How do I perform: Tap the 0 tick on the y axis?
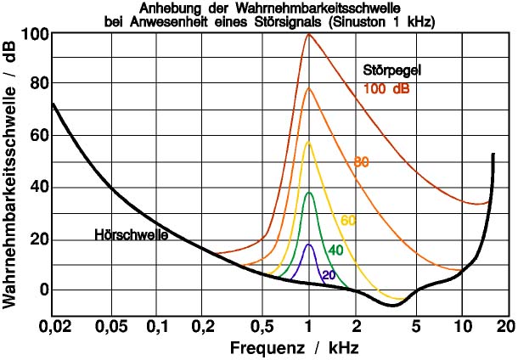pos(43,290)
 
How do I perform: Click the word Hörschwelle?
pos(131,235)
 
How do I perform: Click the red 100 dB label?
pos(391,87)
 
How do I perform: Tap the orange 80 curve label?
pos(361,162)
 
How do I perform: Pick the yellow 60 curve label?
pos(348,221)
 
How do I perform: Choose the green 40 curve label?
pos(335,250)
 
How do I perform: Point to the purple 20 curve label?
pos(329,274)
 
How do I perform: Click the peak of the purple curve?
pos(309,245)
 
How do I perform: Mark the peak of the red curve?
pos(308,34)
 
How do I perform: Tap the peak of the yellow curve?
pos(309,142)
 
